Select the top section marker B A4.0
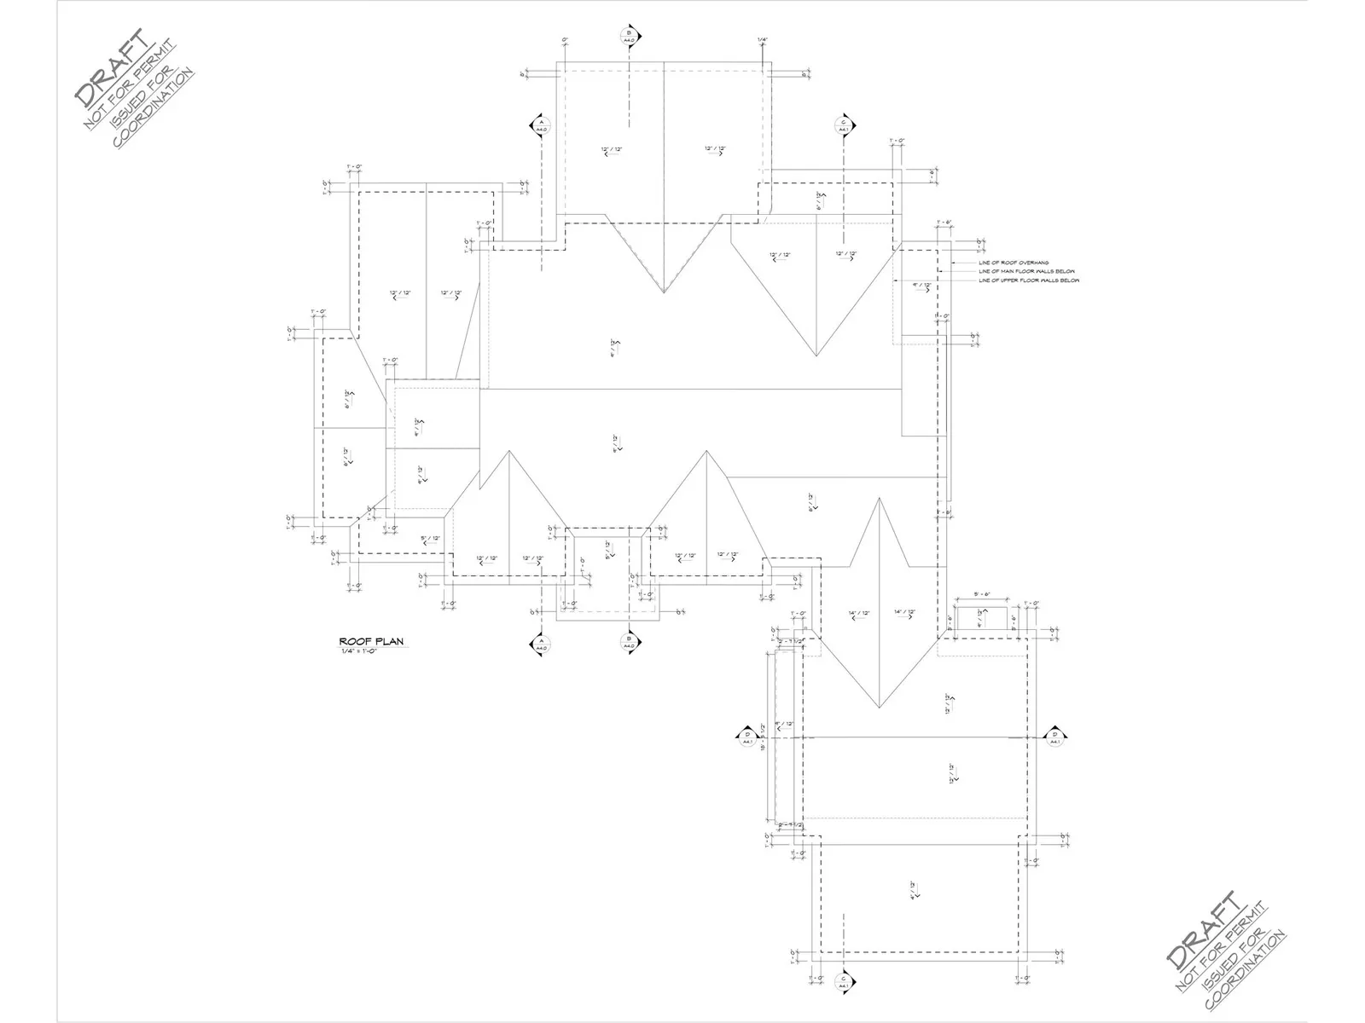tap(628, 36)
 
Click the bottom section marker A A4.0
tap(541, 644)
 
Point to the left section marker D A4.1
tap(746, 737)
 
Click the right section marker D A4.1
tap(1054, 737)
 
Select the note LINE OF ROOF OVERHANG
tap(1014, 263)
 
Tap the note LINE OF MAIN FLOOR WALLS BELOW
tap(1026, 271)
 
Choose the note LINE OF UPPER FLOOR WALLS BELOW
tap(1028, 280)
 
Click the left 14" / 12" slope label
tap(858, 613)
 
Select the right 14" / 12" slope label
tap(904, 613)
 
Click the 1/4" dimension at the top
tap(762, 40)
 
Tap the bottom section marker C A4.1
tap(843, 981)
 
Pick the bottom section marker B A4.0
tap(628, 642)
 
